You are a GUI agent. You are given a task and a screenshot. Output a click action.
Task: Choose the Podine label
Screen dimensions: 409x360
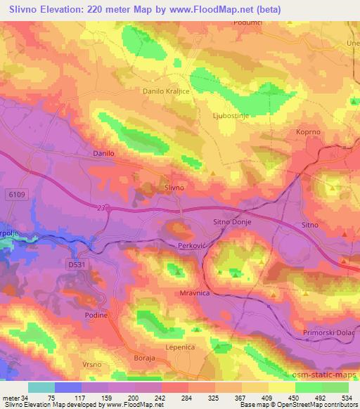[96, 316]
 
